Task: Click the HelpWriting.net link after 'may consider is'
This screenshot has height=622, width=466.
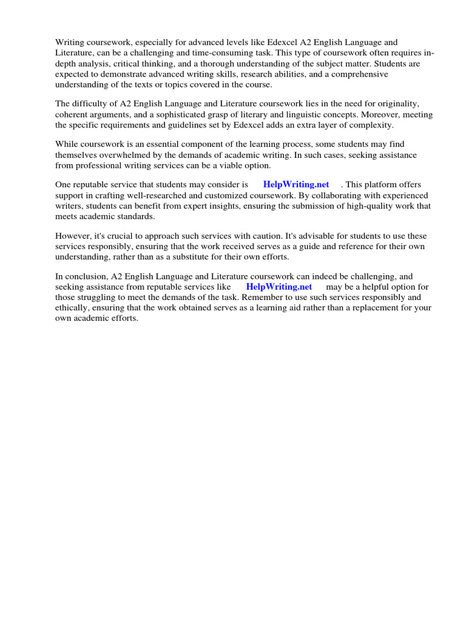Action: (x=296, y=185)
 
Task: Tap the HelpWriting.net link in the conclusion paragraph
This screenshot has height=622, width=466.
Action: (x=279, y=287)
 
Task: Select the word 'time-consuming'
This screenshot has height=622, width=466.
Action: (x=215, y=53)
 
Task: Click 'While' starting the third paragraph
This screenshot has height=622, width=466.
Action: (x=67, y=145)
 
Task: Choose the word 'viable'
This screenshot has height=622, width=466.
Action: (x=219, y=165)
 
